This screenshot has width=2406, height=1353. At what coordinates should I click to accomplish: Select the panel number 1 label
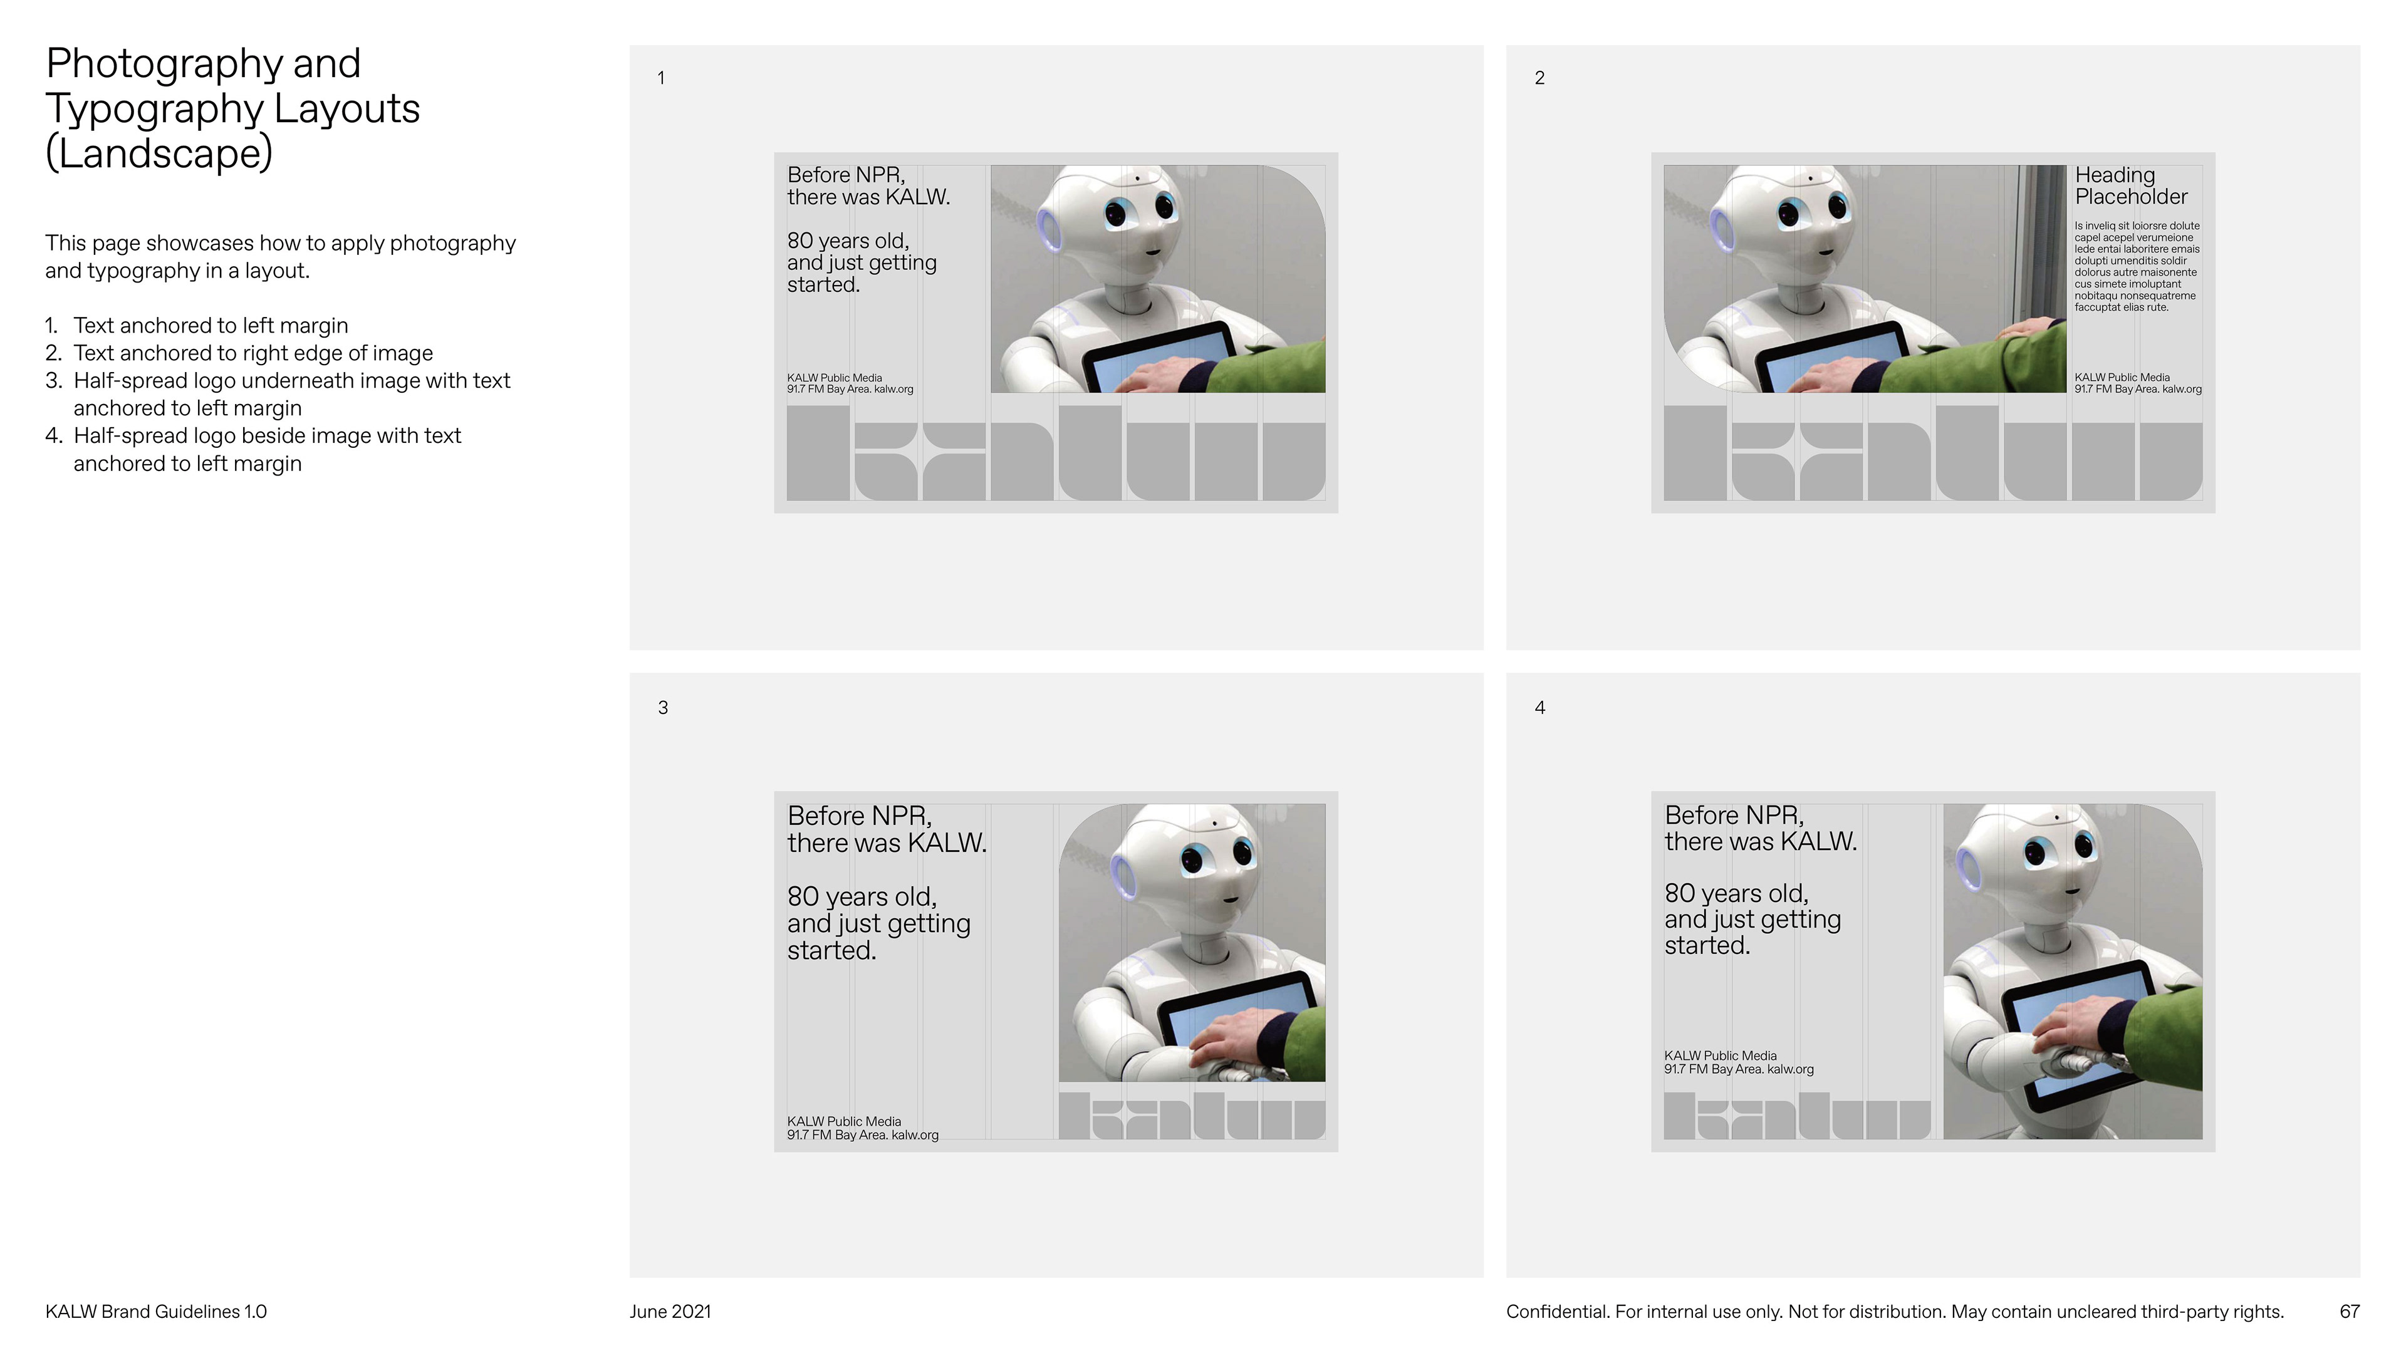point(661,78)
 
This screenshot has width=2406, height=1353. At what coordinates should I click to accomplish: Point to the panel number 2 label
point(1540,78)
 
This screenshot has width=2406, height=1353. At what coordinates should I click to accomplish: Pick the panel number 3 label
point(663,708)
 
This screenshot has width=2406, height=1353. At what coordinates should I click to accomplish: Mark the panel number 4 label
point(1540,708)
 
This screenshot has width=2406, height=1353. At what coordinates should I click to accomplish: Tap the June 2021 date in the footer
point(670,1311)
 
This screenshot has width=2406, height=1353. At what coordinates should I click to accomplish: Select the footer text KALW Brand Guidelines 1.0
point(156,1311)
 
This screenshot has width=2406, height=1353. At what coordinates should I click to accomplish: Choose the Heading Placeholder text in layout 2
point(2132,186)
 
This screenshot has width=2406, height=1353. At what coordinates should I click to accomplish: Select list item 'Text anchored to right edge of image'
point(253,353)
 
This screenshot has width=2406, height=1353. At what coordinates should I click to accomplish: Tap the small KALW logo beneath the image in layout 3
point(1192,1116)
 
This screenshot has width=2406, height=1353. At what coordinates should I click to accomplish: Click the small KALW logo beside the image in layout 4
point(1797,1116)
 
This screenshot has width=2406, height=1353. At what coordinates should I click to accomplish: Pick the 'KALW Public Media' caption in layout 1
point(834,378)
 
